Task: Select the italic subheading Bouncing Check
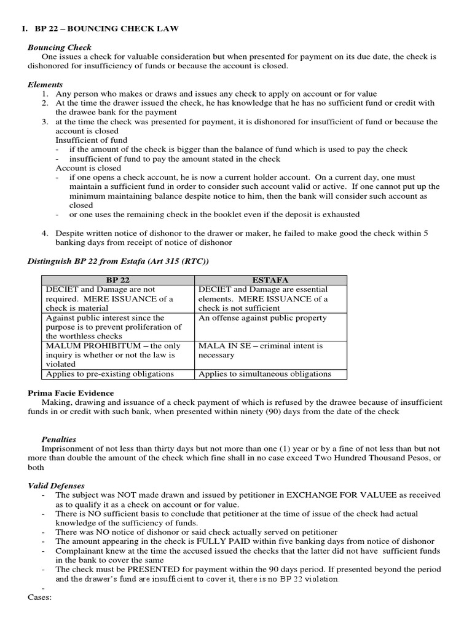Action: [x=60, y=47]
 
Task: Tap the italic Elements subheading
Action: [x=45, y=84]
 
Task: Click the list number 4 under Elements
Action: [x=45, y=233]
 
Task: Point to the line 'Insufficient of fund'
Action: [x=92, y=140]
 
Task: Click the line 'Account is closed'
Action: [x=88, y=168]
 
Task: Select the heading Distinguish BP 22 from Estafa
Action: [x=119, y=261]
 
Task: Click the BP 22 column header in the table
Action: [x=117, y=280]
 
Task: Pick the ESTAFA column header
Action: [x=270, y=280]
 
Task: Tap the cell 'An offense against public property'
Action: [x=262, y=318]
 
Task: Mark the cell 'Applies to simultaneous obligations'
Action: [x=265, y=373]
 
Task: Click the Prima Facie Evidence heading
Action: [x=71, y=393]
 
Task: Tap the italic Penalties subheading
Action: [x=58, y=439]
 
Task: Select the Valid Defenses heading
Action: [x=57, y=485]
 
